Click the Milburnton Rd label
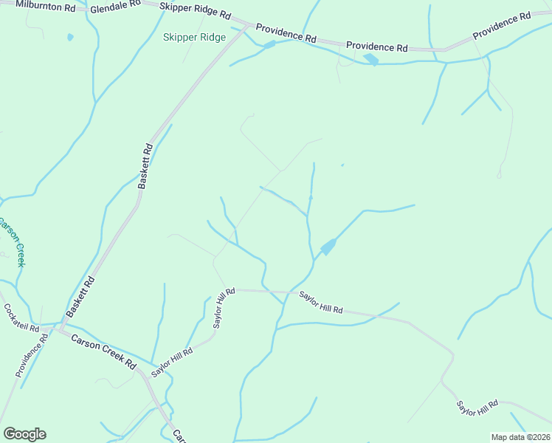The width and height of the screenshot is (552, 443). pyautogui.click(x=45, y=6)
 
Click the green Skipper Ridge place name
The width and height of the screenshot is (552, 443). pyautogui.click(x=194, y=37)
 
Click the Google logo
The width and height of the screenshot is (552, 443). pyautogui.click(x=24, y=433)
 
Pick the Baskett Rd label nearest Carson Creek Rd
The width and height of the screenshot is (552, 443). pyautogui.click(x=80, y=297)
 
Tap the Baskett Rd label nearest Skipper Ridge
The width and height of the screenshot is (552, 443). pyautogui.click(x=145, y=167)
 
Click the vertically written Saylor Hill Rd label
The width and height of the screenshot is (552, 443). pyautogui.click(x=224, y=308)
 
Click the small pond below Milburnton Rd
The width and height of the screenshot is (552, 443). pyautogui.click(x=70, y=36)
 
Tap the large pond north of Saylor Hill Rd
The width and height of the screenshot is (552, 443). pyautogui.click(x=328, y=247)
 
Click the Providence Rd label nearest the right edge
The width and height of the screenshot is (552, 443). pyautogui.click(x=503, y=26)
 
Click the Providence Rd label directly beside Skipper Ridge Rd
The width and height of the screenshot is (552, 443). pyautogui.click(x=286, y=34)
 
